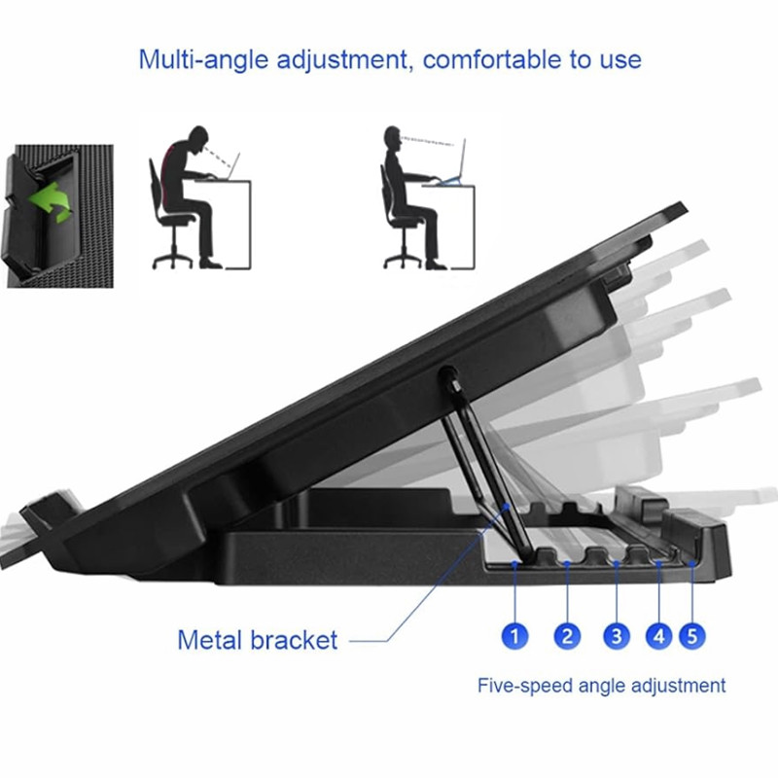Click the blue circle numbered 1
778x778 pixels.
point(514,636)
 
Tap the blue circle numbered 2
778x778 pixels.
point(567,636)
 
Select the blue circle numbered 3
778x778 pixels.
point(617,636)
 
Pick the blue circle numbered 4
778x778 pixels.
point(659,636)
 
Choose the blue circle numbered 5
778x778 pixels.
point(692,636)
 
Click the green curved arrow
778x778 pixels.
point(51,202)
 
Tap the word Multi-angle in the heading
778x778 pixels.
point(204,60)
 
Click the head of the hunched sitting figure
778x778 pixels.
point(198,138)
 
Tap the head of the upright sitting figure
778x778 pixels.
point(393,138)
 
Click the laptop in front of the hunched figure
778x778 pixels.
point(230,167)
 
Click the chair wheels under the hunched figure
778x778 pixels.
point(172,261)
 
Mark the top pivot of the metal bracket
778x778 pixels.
point(448,375)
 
